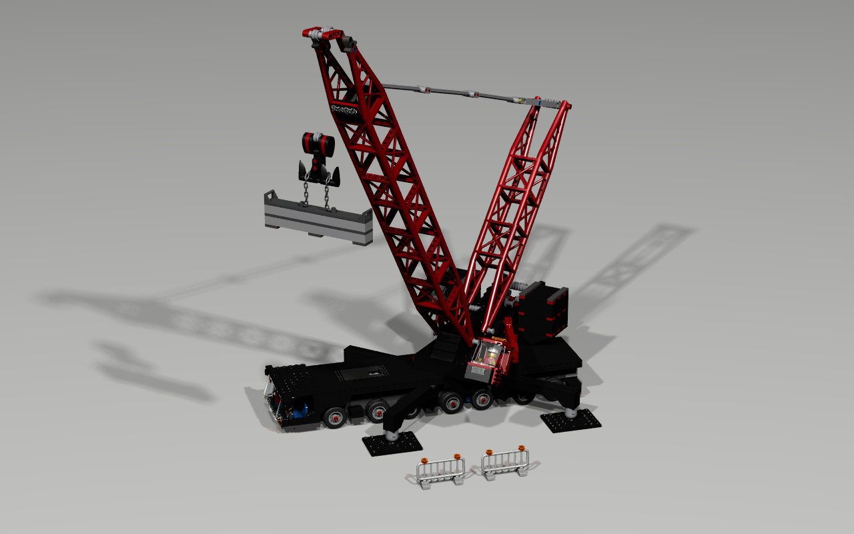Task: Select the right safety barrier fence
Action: (x=506, y=462)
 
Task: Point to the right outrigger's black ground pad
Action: (x=570, y=421)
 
